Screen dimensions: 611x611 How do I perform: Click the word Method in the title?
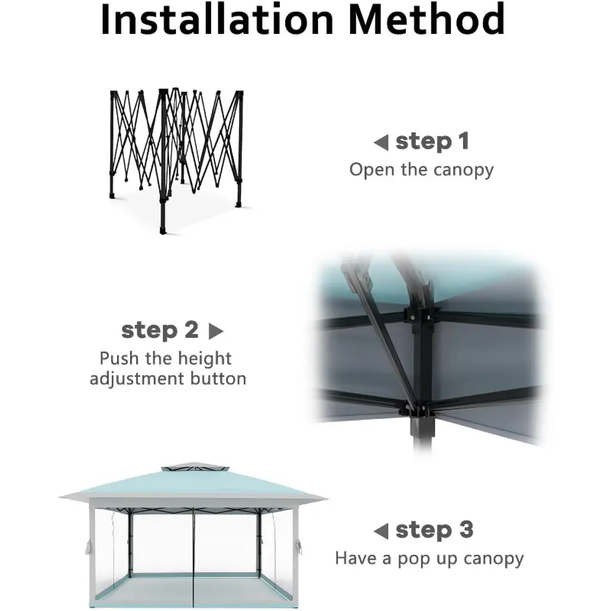(427, 20)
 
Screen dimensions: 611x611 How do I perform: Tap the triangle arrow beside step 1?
(381, 143)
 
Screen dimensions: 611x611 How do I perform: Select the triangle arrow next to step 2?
(216, 331)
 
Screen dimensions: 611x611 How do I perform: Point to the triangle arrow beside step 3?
(381, 531)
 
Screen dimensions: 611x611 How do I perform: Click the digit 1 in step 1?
(464, 141)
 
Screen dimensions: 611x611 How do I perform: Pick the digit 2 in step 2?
(192, 330)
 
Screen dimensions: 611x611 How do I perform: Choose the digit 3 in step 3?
(466, 530)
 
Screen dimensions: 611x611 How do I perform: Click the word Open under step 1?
(372, 170)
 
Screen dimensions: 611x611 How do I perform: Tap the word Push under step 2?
(119, 359)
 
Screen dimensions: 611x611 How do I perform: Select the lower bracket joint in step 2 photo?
(415, 409)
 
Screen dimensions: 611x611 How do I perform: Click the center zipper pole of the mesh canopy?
(193, 557)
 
